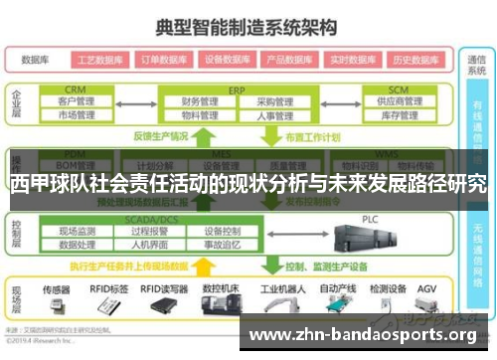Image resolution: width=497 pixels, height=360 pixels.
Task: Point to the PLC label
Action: tap(370, 219)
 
